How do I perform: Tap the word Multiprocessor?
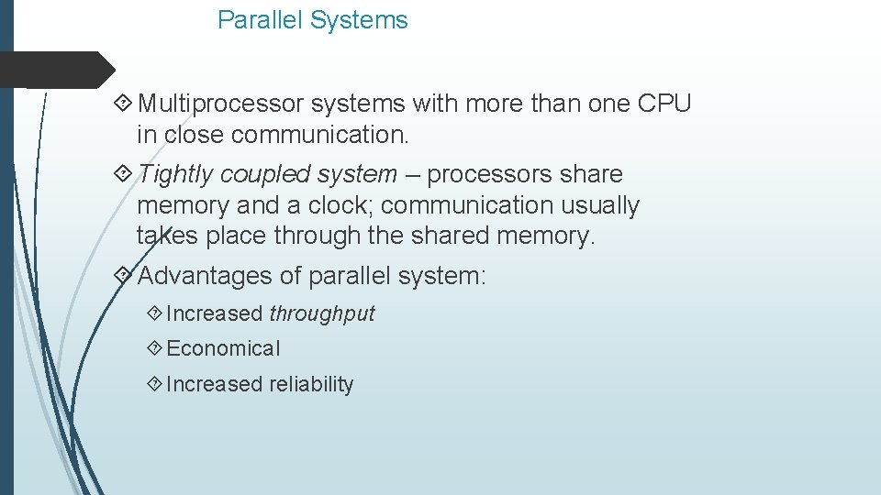[221, 104]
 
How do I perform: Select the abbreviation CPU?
[664, 104]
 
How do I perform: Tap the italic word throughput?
[322, 313]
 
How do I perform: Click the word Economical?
[224, 348]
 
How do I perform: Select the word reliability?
[311, 384]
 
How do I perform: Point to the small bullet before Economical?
[153, 348]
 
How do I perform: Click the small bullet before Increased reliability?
[153, 384]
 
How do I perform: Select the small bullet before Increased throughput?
[153, 313]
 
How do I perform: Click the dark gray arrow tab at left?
[55, 70]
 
